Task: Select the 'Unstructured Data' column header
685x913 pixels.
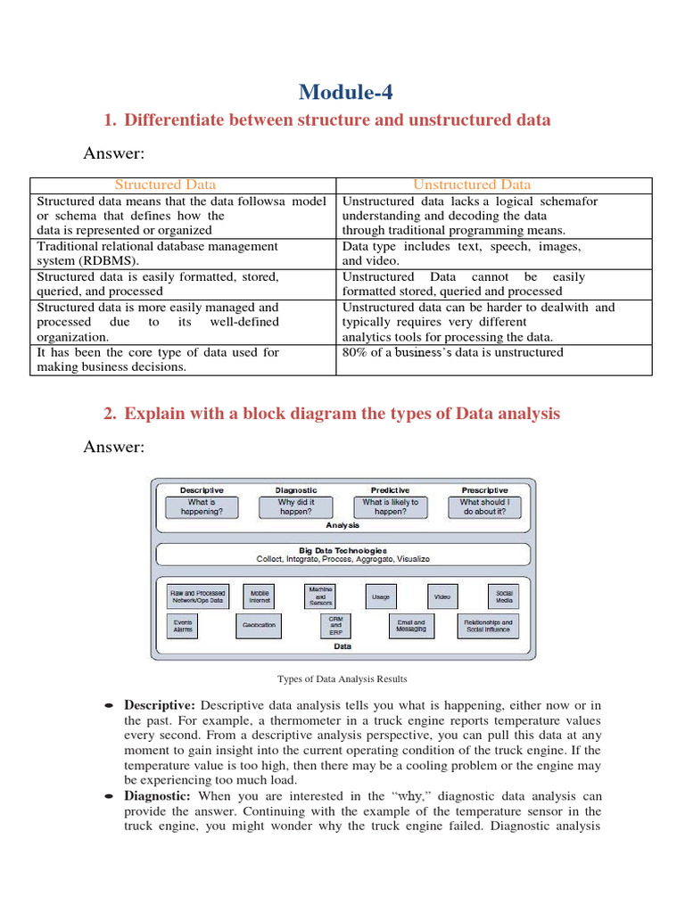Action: tap(472, 185)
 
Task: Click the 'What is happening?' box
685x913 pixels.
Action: tap(202, 507)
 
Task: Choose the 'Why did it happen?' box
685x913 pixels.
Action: tap(295, 507)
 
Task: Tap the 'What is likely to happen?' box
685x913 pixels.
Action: tap(390, 507)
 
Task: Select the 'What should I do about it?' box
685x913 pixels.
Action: tap(484, 507)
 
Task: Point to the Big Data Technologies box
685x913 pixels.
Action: tap(343, 555)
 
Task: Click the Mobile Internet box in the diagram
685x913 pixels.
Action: tap(260, 596)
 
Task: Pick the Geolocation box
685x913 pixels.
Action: tap(259, 625)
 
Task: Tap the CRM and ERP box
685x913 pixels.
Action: tap(335, 625)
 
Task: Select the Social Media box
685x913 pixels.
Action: tap(504, 596)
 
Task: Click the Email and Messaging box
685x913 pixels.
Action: tap(411, 625)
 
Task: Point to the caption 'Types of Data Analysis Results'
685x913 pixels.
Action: tap(342, 679)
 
